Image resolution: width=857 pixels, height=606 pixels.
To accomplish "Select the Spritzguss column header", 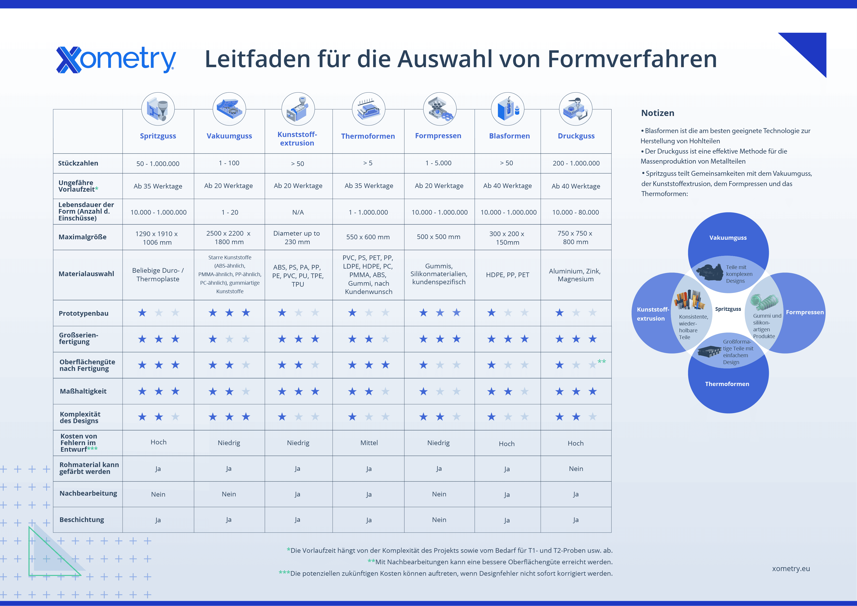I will [x=158, y=136].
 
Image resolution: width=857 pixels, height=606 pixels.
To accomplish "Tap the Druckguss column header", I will [x=576, y=136].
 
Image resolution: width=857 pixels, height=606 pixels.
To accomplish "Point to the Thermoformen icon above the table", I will [x=368, y=109].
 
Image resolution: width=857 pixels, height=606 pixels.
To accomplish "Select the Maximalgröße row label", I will [x=83, y=237].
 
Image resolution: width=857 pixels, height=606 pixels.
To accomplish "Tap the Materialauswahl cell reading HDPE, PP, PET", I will [x=507, y=275].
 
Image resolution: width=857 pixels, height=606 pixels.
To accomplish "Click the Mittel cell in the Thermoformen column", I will [x=369, y=443].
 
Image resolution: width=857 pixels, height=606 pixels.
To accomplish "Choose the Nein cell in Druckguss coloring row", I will [x=576, y=469].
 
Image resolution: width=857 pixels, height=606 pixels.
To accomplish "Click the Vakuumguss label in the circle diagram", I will [x=728, y=238].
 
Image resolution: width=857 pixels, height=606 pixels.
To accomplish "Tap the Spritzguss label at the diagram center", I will [x=728, y=309].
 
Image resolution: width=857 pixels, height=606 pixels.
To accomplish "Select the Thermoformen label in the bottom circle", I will [x=727, y=384].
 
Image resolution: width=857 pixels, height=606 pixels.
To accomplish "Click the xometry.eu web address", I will [x=791, y=569].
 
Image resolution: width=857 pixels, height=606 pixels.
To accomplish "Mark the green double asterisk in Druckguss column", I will [x=601, y=361].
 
